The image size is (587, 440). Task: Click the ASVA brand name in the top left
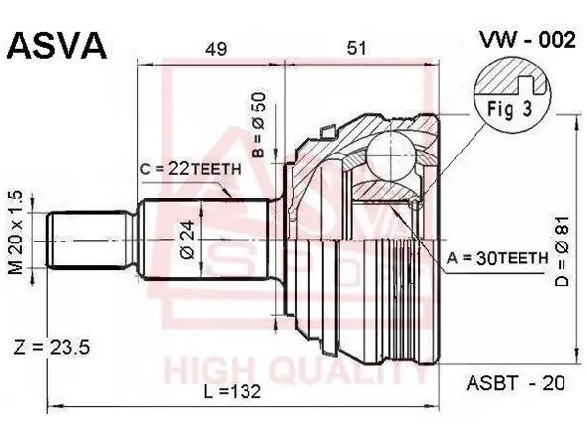[x=57, y=46]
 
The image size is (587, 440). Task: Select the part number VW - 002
[x=527, y=40]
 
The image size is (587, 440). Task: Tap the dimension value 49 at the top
[x=216, y=49]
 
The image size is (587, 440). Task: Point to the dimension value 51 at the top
[x=356, y=48]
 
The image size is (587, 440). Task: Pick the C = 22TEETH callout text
[x=191, y=169]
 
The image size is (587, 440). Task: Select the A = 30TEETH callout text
[x=498, y=258]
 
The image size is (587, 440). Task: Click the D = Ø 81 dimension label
[x=562, y=252]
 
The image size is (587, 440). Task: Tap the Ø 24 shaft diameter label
[x=188, y=240]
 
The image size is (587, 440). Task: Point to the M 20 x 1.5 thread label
[x=16, y=233]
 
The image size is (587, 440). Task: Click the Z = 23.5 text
[x=51, y=347]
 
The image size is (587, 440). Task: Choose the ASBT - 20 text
[x=516, y=383]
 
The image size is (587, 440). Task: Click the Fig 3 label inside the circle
[x=510, y=109]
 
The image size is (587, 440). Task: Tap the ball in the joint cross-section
[x=390, y=155]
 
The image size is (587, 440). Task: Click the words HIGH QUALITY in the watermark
[x=295, y=372]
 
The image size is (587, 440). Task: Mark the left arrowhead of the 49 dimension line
[x=143, y=65]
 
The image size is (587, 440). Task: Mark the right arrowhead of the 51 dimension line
[x=429, y=65]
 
